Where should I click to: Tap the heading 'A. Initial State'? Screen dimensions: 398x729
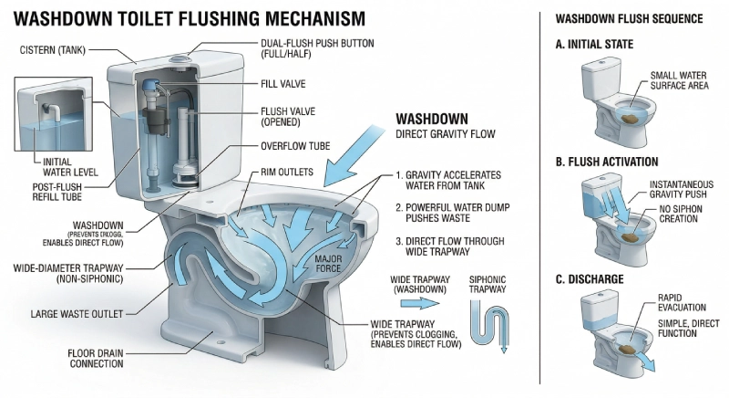597,44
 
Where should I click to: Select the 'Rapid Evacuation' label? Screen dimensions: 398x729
678,304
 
